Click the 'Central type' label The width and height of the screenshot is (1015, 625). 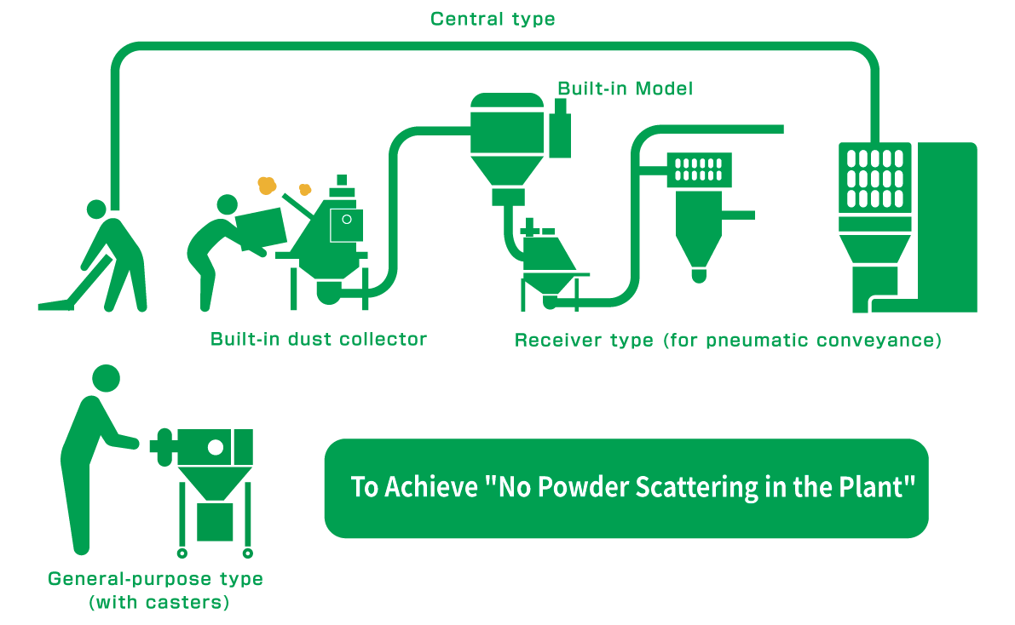click(x=493, y=19)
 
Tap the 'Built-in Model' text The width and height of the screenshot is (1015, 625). click(x=625, y=89)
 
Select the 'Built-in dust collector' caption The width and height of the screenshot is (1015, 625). click(x=318, y=339)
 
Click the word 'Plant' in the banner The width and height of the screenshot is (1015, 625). click(x=867, y=488)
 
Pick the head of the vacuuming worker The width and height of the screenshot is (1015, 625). click(x=97, y=208)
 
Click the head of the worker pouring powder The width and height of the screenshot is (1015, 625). click(x=228, y=204)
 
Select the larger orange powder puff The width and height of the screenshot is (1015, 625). click(x=267, y=184)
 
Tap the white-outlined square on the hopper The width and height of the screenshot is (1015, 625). click(x=347, y=225)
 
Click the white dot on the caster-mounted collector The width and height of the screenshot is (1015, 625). click(x=216, y=446)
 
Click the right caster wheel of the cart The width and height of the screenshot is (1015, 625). click(x=247, y=553)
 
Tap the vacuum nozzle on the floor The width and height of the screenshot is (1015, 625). click(x=52, y=305)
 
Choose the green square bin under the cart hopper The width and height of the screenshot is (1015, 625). click(x=215, y=521)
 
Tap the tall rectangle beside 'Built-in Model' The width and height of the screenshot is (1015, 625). click(x=560, y=132)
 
